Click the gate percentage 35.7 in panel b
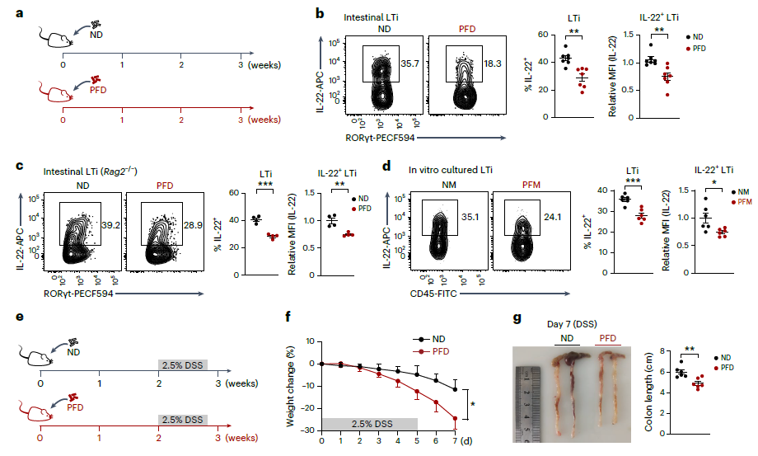point(409,63)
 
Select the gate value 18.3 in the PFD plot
point(492,63)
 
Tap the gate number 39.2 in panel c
point(110,225)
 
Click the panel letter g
point(517,318)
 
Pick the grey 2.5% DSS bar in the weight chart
point(370,424)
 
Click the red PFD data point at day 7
point(455,418)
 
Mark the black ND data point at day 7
point(455,389)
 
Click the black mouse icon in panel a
point(55,37)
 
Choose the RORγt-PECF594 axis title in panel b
point(380,138)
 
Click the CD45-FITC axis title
point(433,294)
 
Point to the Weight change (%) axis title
point(290,387)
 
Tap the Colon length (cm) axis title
point(648,393)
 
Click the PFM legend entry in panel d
point(742,202)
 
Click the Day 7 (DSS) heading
point(572,324)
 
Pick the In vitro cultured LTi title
point(451,170)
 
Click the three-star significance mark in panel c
point(265,185)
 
